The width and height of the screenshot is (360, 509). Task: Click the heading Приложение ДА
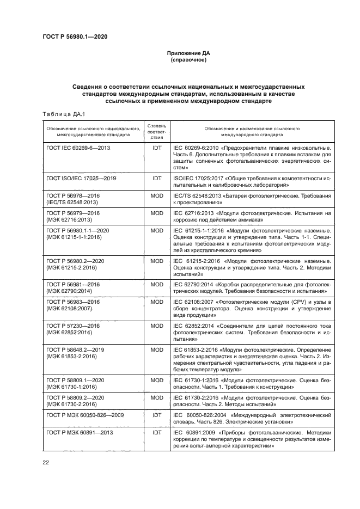coord(188,53)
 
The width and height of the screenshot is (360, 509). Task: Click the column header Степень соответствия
coord(157,131)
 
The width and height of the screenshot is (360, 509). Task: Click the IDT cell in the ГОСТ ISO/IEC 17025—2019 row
coord(157,178)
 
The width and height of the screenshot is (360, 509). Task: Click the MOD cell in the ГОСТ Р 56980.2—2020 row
coord(157,261)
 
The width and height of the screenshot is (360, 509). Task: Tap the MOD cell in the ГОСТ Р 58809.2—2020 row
coord(157,397)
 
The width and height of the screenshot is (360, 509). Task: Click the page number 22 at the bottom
coord(46,462)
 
